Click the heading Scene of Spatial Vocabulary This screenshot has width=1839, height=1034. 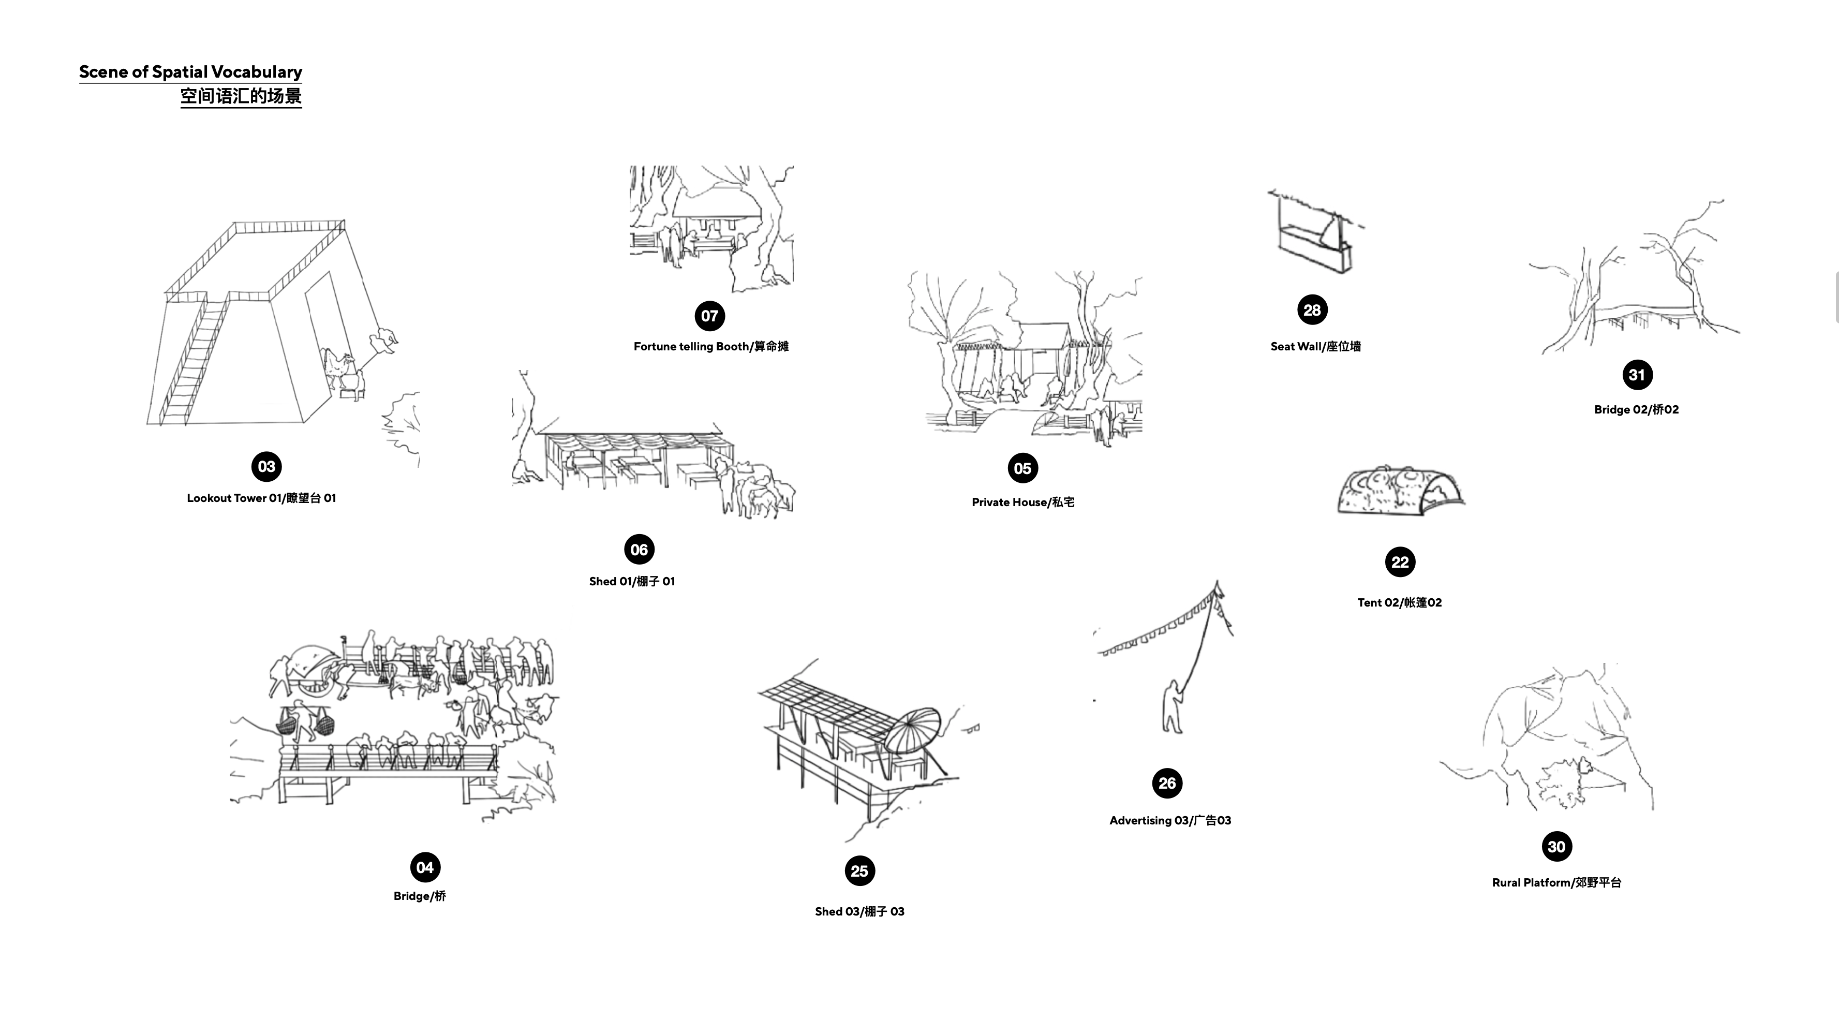(x=190, y=71)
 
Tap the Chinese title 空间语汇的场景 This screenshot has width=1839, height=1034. (x=241, y=96)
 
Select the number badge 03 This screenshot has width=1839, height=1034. (x=266, y=466)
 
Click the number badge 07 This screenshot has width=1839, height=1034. (x=709, y=316)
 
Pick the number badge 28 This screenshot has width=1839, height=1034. (x=1312, y=310)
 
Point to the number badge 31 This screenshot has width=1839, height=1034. (x=1637, y=375)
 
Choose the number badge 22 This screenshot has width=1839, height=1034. (x=1400, y=562)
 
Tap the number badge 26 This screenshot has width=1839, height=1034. (x=1167, y=784)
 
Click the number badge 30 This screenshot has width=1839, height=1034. (x=1557, y=847)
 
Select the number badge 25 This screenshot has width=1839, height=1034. (x=859, y=871)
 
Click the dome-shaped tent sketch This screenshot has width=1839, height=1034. (x=1401, y=491)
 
